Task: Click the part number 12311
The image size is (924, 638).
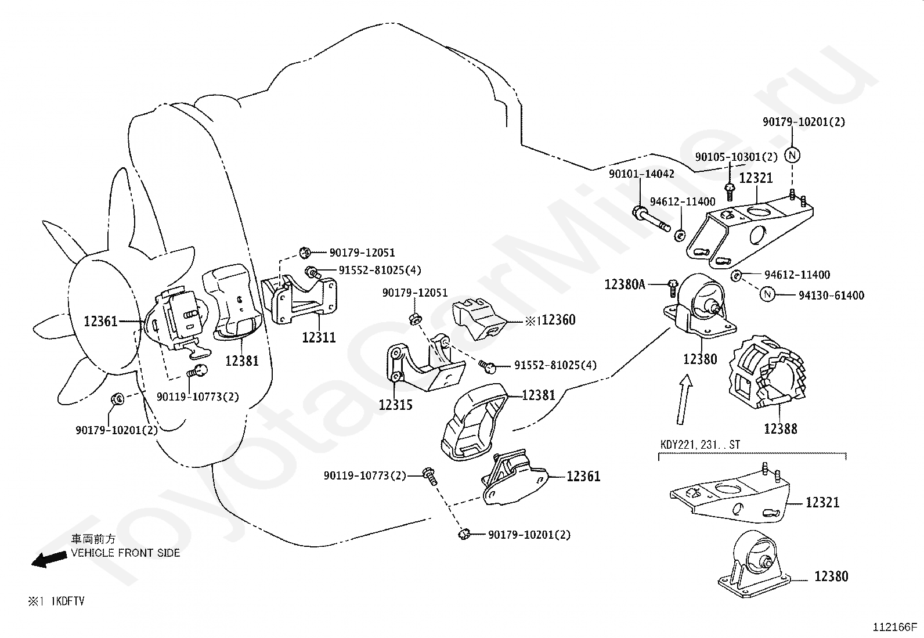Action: coord(319,337)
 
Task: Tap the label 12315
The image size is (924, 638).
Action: coord(396,405)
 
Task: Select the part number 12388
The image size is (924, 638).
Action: coord(781,429)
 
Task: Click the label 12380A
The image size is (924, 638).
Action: coord(625,284)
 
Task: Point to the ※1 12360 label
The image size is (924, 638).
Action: coord(550,320)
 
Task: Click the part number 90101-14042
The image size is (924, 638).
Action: coord(641,174)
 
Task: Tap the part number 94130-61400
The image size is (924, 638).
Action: coord(831,295)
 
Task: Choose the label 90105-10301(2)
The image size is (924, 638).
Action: coord(737,157)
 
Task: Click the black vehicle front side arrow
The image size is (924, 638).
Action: coord(49,560)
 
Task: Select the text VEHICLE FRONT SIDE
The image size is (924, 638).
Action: coord(125,553)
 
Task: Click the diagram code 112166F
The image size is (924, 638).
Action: coord(895,628)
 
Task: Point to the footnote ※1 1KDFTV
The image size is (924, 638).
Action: coord(56,601)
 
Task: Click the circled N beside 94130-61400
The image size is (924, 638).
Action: coord(767,294)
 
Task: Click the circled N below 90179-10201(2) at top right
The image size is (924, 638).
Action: coord(792,155)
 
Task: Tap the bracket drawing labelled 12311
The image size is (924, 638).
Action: coord(299,299)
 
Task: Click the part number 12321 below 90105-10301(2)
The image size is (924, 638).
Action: coord(756,178)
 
